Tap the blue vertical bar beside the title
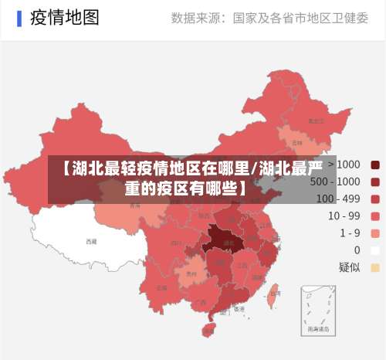pos(19,18)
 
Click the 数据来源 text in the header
pos(198,19)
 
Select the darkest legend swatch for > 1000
pos(375,165)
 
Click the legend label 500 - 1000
pos(334,182)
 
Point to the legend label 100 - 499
pos(338,199)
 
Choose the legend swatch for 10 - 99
pos(375,216)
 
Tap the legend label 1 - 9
pos(350,233)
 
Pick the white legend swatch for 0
pos(375,250)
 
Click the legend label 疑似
pos(349,267)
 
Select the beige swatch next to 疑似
pos(375,267)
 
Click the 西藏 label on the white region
pos(92,241)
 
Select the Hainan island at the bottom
pos(208,330)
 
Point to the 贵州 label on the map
pos(191,273)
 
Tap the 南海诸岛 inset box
pos(318,309)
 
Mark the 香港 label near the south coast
pos(239,308)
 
